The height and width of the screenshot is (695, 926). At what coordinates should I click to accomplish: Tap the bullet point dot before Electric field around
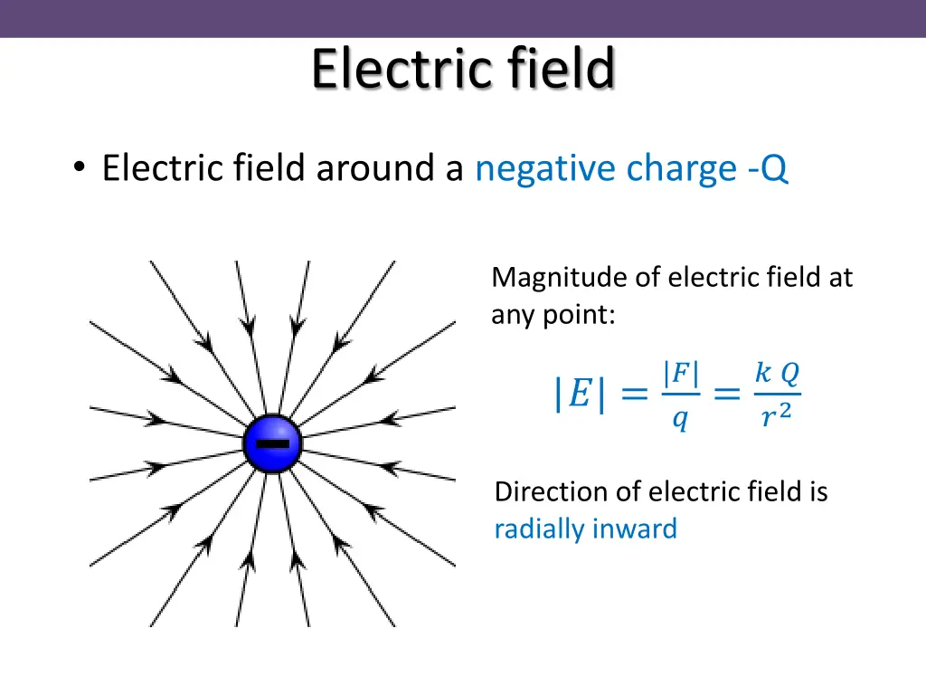pos(80,168)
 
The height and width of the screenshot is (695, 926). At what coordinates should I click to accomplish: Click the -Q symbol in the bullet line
pos(768,169)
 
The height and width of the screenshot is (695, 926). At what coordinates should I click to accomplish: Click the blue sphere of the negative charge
pos(272,443)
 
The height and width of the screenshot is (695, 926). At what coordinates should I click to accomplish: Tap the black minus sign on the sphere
pos(272,443)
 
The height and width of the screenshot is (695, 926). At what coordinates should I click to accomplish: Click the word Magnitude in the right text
pos(559,278)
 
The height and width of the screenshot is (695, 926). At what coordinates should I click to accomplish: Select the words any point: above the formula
pos(553,316)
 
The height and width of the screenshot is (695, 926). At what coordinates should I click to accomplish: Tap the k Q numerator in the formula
pos(777,373)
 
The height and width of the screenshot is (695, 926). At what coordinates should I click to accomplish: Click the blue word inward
pos(634,528)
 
